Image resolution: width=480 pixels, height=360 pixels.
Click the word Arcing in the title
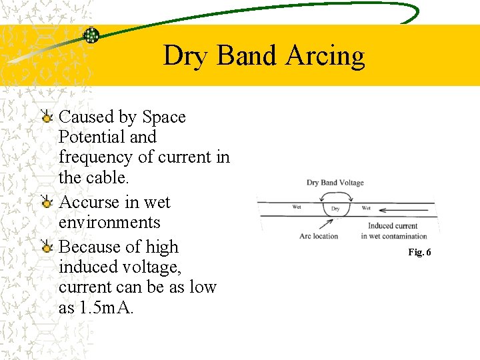tap(325, 57)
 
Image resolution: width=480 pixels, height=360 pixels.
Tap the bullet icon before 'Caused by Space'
tap(47, 118)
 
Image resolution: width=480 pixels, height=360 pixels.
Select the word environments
tap(109, 223)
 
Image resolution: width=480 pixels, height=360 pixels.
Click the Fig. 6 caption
tap(420, 252)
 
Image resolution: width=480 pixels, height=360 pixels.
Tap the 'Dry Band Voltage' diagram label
tap(335, 183)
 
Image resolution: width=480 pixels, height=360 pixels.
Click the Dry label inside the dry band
tap(335, 209)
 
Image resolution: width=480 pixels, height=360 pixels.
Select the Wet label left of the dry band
tap(297, 207)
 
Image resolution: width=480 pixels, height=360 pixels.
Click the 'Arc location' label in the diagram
tap(319, 235)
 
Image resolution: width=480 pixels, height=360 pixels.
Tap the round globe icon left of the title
tap(91, 35)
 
